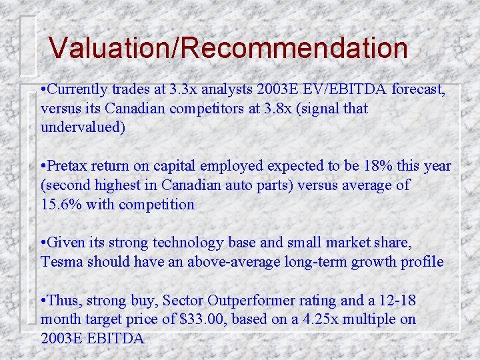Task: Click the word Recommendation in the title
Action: click(x=291, y=48)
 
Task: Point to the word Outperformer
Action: click(x=244, y=301)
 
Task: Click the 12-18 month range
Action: click(x=410, y=301)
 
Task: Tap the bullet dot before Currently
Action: click(x=43, y=89)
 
